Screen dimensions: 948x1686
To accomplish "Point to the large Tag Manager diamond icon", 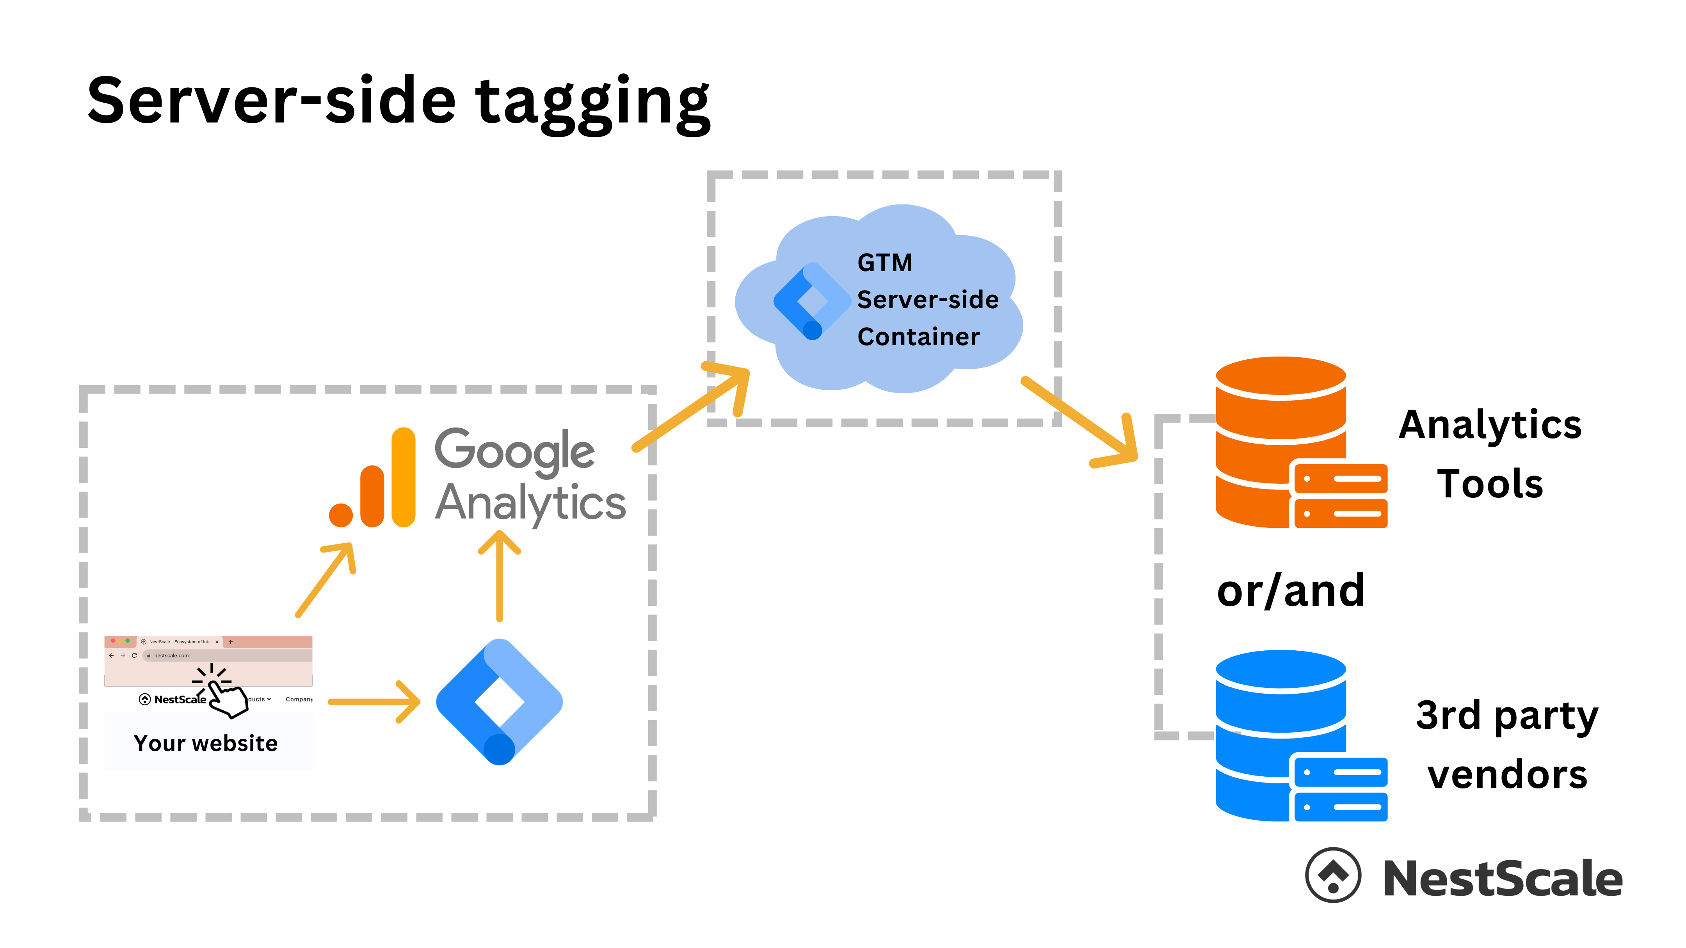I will [499, 701].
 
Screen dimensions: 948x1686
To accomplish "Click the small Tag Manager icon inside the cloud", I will [810, 301].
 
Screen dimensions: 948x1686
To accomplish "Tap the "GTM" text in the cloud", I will [884, 263].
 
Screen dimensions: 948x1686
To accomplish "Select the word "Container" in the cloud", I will [918, 337].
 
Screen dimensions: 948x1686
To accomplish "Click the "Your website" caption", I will [206, 743].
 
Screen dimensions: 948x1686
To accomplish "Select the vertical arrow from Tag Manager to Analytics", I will [500, 576].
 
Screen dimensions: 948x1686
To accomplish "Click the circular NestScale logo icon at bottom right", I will [1332, 875].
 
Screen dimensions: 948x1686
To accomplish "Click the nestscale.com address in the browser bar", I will [171, 655].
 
